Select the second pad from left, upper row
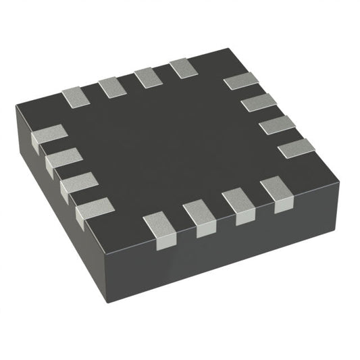[x=111, y=87]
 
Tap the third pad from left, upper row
[x=147, y=77]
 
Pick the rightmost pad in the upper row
[x=183, y=67]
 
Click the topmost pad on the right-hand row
[x=241, y=80]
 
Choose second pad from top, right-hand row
[x=259, y=102]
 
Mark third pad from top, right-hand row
[x=277, y=124]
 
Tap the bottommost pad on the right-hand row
[x=297, y=147]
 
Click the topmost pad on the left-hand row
[x=49, y=137]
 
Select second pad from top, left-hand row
[x=63, y=161]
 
